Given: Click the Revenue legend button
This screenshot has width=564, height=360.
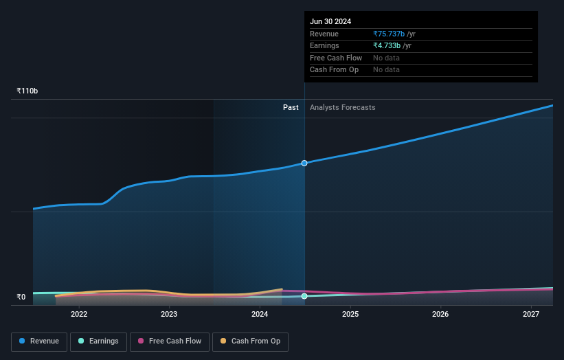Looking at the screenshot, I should (39, 341).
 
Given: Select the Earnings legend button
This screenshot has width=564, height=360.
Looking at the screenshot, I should (98, 341).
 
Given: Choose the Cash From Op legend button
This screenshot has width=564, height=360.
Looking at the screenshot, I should (250, 341).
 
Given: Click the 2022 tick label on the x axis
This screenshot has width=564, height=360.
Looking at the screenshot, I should (79, 315).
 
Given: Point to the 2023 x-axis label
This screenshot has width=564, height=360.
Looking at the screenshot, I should (169, 315).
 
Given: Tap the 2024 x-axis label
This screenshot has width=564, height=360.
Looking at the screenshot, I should (260, 315).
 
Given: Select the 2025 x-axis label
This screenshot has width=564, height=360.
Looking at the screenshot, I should (350, 315).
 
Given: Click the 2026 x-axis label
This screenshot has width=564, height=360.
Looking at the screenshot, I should (440, 315).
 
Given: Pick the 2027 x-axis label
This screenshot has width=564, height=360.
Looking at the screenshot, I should (531, 315).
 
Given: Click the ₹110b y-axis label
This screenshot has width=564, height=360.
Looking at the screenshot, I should (27, 91).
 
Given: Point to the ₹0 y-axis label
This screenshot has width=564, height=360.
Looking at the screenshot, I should (21, 297).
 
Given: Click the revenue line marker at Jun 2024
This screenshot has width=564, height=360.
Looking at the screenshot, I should (304, 163).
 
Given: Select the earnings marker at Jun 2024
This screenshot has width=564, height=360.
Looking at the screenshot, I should (304, 296).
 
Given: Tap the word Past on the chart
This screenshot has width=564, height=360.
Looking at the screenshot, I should (291, 107).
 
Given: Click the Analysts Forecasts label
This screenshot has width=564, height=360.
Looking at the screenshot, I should (343, 107).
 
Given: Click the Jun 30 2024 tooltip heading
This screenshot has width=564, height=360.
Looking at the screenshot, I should (330, 21).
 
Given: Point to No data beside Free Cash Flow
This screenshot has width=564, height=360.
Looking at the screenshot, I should (386, 58).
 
